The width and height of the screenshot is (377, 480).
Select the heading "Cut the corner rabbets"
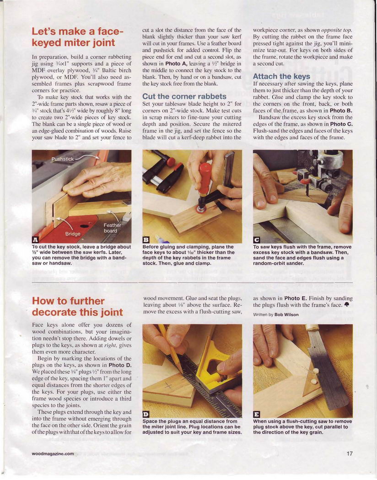pos(184,96)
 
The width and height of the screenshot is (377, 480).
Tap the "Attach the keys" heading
pos(281,76)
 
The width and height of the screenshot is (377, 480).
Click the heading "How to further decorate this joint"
pos(77,306)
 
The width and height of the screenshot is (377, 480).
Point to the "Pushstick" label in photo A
pos(63,159)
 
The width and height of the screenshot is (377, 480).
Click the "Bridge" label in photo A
pos(73,234)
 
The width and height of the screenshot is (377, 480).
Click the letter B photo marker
pos(145,240)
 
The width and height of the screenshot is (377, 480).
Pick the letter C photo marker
pos(256,240)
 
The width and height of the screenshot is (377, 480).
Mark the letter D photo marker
pos(145,414)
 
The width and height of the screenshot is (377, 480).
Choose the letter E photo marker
pos(256,414)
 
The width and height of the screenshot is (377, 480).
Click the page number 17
pos(349,453)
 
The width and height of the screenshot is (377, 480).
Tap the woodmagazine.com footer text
pos(53,453)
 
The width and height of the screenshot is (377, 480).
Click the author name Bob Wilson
pos(286,315)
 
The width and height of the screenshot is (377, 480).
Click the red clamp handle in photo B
pos(204,179)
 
